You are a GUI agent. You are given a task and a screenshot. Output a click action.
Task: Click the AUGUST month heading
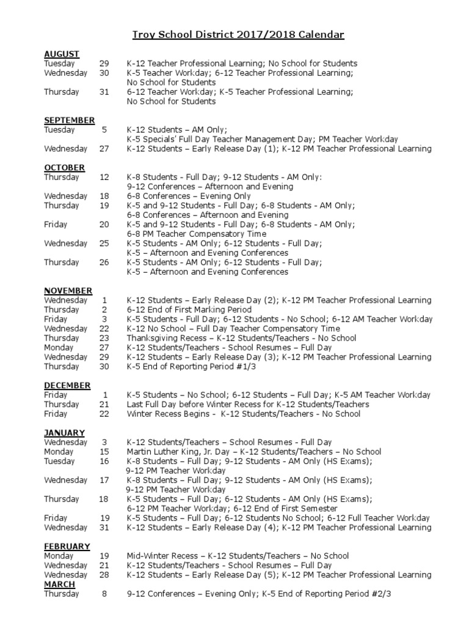click(x=62, y=54)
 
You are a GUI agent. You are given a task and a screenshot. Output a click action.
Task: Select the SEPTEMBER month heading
click(x=69, y=120)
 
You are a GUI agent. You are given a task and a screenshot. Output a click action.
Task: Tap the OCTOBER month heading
click(x=64, y=167)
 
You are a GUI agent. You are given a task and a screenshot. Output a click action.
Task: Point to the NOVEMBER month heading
click(x=68, y=291)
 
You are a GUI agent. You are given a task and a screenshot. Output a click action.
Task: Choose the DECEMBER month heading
click(x=67, y=385)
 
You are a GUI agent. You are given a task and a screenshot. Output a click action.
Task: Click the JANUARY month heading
click(x=64, y=433)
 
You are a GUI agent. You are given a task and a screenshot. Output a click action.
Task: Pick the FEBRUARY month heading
click(x=67, y=546)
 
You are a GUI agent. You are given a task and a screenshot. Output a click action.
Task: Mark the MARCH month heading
click(x=59, y=584)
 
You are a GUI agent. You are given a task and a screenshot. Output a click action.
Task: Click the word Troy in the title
click(x=144, y=35)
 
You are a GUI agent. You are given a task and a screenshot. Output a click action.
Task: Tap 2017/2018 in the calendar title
click(x=267, y=35)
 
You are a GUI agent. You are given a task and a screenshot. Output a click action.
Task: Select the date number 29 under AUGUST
click(x=104, y=63)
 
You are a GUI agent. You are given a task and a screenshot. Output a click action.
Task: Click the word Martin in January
click(x=139, y=452)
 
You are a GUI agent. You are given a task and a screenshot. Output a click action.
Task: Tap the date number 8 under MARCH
click(x=105, y=594)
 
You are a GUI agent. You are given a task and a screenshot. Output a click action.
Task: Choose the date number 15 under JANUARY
click(x=104, y=452)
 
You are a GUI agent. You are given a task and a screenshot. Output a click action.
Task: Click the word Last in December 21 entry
click(x=134, y=404)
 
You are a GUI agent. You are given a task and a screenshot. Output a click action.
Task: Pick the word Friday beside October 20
click(x=56, y=224)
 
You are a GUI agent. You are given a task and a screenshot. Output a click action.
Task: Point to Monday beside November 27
click(x=57, y=347)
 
